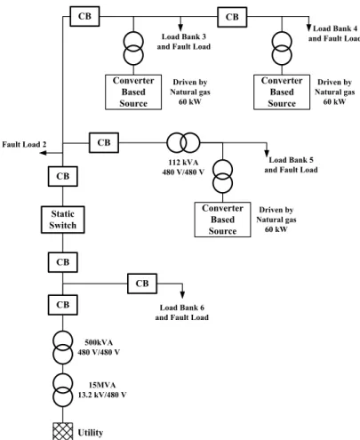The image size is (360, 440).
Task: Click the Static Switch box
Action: click(x=63, y=220)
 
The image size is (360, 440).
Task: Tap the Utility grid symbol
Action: click(x=62, y=431)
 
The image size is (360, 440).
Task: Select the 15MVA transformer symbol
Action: click(x=62, y=390)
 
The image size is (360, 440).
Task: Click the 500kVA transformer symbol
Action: click(x=62, y=348)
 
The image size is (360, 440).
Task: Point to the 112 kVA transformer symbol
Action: click(x=183, y=143)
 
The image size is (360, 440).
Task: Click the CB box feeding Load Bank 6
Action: click(x=142, y=284)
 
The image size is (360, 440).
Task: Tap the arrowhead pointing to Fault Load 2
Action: click(x=44, y=153)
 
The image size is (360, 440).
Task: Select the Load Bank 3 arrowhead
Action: click(x=180, y=28)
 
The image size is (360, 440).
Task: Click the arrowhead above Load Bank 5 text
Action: click(x=267, y=154)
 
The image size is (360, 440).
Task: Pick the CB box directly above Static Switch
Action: click(x=63, y=176)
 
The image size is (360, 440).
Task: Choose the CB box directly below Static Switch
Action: click(x=63, y=262)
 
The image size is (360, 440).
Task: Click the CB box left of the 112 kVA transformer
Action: click(x=104, y=143)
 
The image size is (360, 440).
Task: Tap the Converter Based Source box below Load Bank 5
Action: click(x=222, y=220)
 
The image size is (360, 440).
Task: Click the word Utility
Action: click(x=91, y=433)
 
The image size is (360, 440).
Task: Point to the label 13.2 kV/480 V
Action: click(x=102, y=395)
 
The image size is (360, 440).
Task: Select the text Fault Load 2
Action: click(x=24, y=144)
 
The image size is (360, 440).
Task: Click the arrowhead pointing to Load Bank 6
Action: click(x=182, y=295)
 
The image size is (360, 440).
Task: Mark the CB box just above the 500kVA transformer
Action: click(x=63, y=305)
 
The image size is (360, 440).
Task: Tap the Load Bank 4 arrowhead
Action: click(x=308, y=28)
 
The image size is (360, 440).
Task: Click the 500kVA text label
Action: click(x=99, y=342)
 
